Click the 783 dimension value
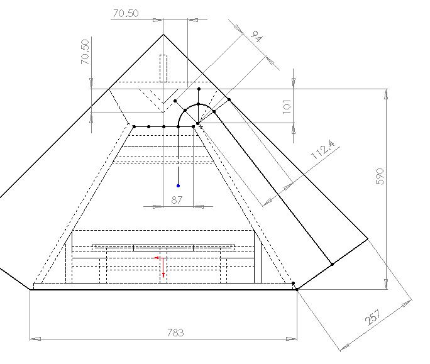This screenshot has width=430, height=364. (x=175, y=333)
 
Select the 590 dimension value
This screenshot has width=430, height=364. (x=380, y=177)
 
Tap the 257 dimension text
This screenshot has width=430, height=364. (x=373, y=317)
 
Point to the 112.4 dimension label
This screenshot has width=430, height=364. (x=323, y=150)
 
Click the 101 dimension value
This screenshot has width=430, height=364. (x=286, y=106)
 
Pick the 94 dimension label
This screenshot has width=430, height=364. (x=256, y=36)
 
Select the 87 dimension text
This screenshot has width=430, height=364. (x=176, y=200)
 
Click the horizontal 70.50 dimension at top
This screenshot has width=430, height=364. (x=126, y=13)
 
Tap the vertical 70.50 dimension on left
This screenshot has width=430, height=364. (x=85, y=52)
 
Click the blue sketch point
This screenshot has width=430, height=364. (x=179, y=185)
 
